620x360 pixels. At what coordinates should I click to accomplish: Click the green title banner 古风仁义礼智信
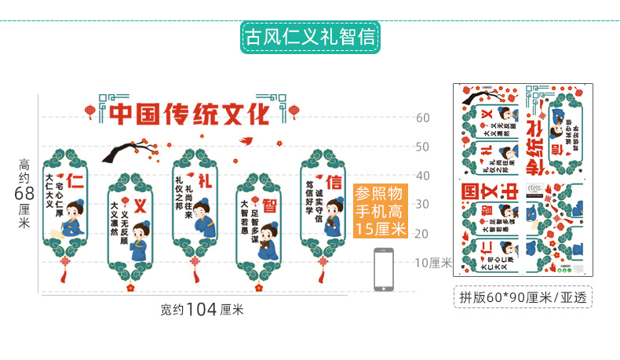pyautogui.click(x=309, y=37)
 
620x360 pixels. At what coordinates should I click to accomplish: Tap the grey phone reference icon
pyautogui.click(x=384, y=269)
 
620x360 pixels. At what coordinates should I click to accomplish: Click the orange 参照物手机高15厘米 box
pyautogui.click(x=380, y=211)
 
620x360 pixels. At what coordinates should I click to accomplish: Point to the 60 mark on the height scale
pyautogui.click(x=422, y=118)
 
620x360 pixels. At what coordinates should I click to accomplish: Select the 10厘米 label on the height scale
pyautogui.click(x=434, y=263)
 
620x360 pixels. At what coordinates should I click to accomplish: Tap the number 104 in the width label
pyautogui.click(x=202, y=309)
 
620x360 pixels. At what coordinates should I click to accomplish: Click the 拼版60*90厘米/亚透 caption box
pyautogui.click(x=523, y=296)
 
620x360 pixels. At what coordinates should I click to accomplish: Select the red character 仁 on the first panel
pyautogui.click(x=75, y=182)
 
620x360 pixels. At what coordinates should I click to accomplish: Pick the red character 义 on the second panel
pyautogui.click(x=140, y=206)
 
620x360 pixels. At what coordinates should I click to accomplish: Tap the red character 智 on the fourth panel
pyautogui.click(x=269, y=205)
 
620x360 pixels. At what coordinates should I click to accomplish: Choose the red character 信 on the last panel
pyautogui.click(x=334, y=182)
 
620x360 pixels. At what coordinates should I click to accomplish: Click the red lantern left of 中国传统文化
pyautogui.click(x=90, y=111)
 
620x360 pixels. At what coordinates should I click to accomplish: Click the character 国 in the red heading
pyautogui.click(x=144, y=115)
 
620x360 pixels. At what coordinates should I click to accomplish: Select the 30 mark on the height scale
pyautogui.click(x=422, y=204)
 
